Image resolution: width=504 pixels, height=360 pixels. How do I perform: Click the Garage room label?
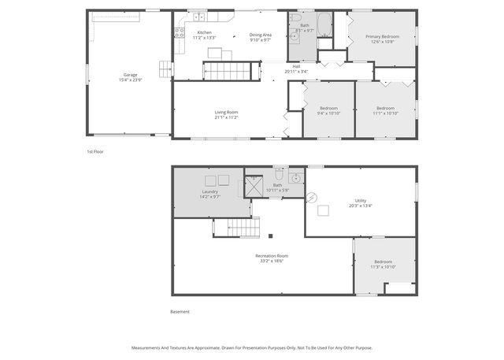130,75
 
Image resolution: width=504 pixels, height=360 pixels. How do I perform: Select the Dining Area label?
261,35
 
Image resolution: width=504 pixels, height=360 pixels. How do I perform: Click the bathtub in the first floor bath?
326,20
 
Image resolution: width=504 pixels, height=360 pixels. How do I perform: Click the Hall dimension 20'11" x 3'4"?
295,71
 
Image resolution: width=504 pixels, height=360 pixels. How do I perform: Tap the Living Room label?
226,112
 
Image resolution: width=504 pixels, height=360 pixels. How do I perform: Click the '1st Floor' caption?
95,150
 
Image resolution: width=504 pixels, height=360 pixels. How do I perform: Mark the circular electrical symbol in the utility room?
311,197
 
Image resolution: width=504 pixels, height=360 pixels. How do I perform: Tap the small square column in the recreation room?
269,235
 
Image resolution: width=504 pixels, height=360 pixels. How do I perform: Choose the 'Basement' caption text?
180,311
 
